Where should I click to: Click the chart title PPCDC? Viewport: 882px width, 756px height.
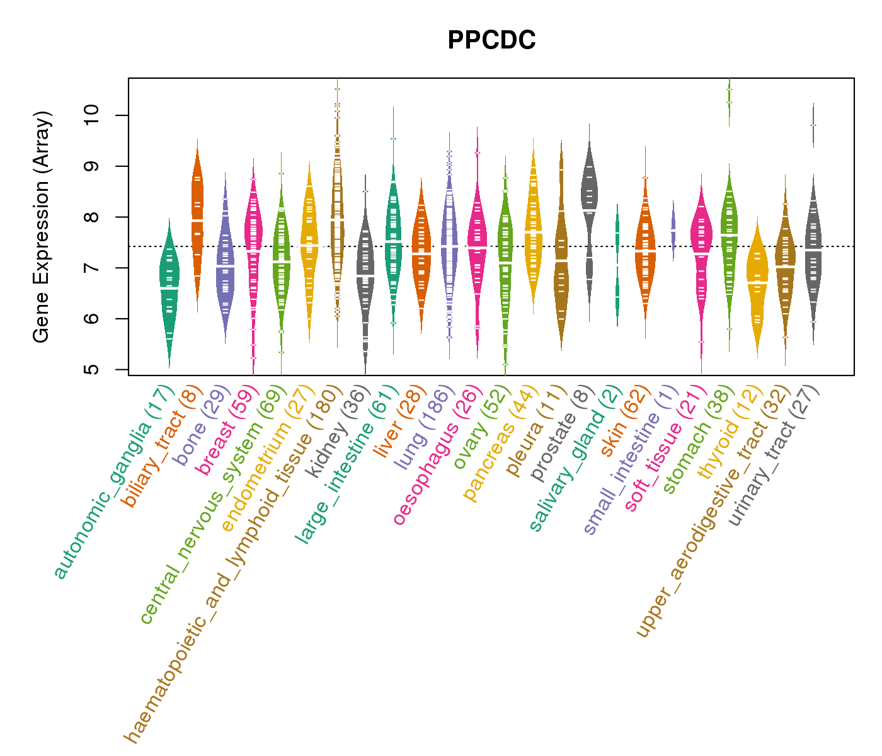click(491, 40)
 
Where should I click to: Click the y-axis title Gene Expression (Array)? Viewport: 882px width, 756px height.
click(42, 227)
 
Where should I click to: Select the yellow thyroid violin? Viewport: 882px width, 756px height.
click(757, 283)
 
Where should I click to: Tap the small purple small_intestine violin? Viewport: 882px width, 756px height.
click(673, 230)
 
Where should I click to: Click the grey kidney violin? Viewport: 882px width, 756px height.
click(365, 271)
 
